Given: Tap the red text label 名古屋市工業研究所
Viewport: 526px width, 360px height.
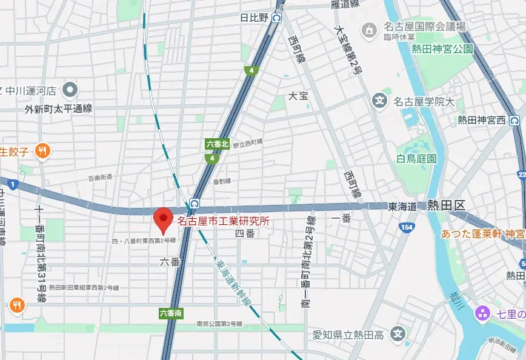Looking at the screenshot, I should [x=222, y=221].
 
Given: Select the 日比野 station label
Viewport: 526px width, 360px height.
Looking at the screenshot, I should [x=255, y=18].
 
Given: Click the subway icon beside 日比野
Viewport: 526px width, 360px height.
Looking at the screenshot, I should [x=277, y=18].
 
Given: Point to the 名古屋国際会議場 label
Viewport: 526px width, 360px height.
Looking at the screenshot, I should [x=422, y=27].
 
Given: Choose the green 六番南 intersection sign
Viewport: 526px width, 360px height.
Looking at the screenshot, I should [x=171, y=313].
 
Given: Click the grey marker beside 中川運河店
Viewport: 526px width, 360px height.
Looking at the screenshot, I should [x=70, y=91].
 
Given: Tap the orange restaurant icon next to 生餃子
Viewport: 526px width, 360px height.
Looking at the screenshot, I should [x=42, y=150].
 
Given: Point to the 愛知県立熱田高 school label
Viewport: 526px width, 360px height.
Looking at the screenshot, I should [x=348, y=333].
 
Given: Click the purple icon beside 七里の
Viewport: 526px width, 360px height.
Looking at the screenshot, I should [x=482, y=313].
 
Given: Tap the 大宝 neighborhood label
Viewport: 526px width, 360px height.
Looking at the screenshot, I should [x=298, y=96].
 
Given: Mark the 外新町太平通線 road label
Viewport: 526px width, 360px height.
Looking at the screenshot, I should [x=58, y=109].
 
